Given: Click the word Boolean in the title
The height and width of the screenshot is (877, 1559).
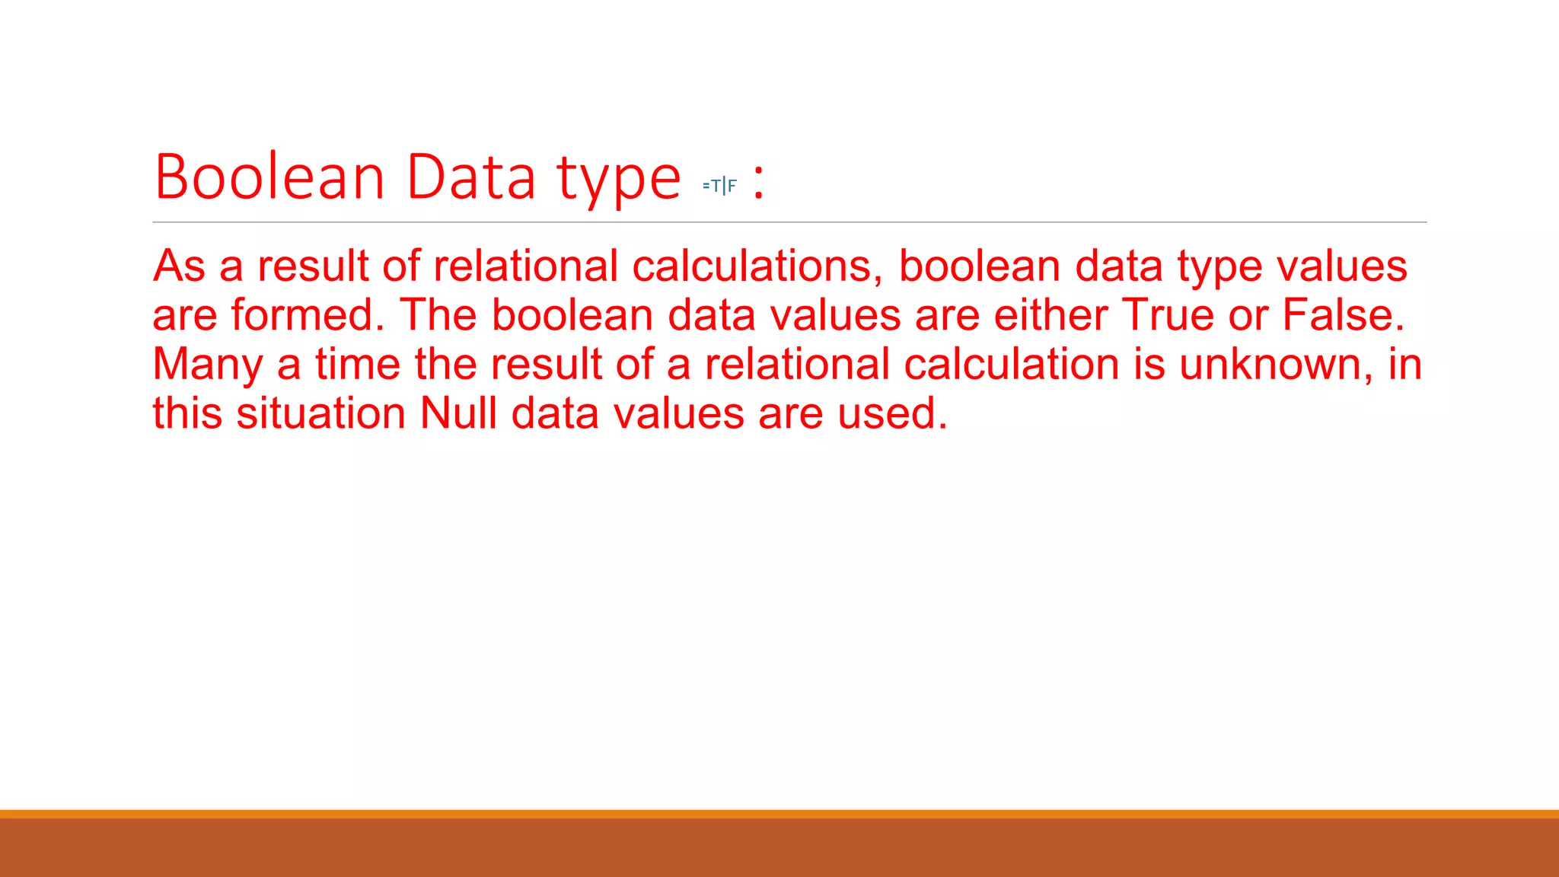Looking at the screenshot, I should point(269,177).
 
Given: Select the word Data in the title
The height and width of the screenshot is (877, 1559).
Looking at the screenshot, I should point(471,177).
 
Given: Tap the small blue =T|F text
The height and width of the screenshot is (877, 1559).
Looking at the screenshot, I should point(719,185).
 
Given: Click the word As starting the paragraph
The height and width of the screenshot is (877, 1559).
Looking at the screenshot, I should point(179,266).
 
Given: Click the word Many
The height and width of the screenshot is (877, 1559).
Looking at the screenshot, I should point(207,365).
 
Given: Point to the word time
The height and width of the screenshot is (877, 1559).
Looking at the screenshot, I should point(358,365).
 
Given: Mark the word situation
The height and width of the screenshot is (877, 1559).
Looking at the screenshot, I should point(320,413).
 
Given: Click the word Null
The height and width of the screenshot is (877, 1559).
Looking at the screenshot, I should point(458,413).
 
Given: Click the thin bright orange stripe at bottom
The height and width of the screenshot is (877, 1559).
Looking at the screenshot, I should point(779,814).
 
